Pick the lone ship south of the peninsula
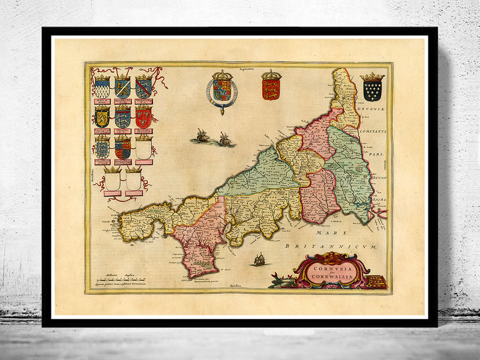click(260, 259)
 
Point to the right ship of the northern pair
click(225, 139)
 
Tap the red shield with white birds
click(143, 117)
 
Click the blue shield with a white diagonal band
click(122, 89)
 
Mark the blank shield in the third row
click(143, 148)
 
